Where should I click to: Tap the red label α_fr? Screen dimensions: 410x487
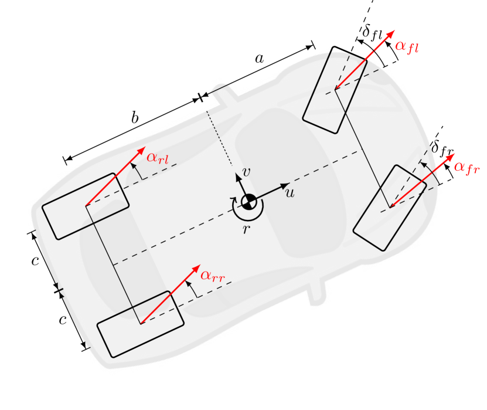[466, 167]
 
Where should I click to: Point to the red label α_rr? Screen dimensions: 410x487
[213, 275]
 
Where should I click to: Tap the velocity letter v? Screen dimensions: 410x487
[247, 172]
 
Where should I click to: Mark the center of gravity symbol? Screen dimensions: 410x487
[248, 202]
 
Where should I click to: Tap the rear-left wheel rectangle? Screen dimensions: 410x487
[86, 206]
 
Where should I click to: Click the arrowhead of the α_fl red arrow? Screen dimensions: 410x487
[391, 32]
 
